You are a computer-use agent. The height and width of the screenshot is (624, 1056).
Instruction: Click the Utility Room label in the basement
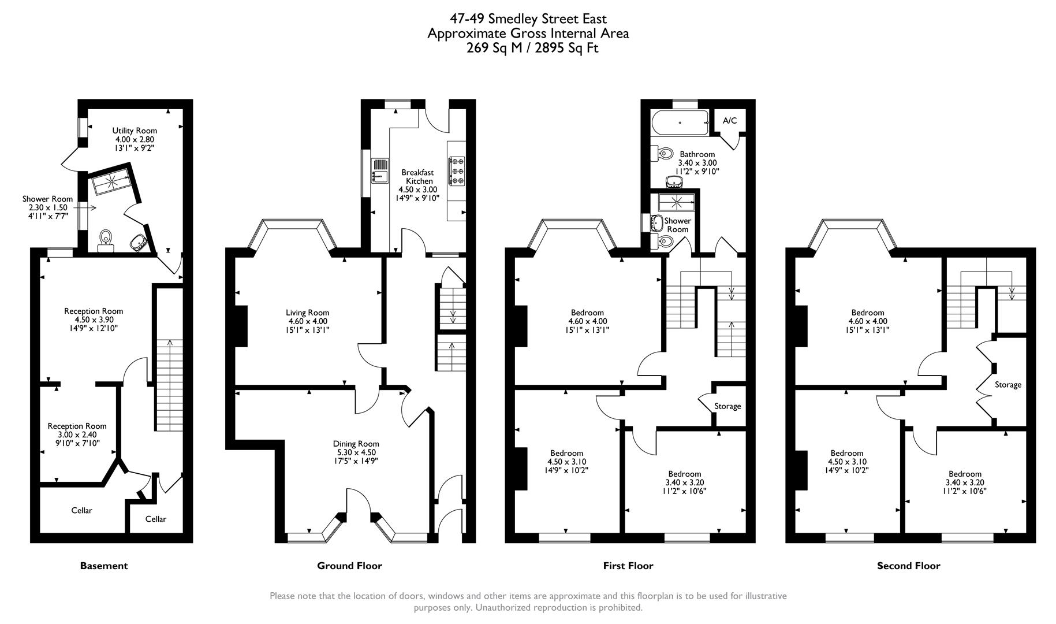(135, 131)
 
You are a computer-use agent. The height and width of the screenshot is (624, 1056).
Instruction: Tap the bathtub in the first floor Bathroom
(680, 123)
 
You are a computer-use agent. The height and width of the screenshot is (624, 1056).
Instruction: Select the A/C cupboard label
(730, 121)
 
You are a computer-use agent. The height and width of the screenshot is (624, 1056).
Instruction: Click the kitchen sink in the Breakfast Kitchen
(380, 170)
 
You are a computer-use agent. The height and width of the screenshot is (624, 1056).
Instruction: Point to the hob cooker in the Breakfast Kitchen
(457, 171)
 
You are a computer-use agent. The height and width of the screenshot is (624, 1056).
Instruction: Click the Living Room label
(307, 313)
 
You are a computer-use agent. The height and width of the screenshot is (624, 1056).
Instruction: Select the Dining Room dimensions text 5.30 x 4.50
(356, 452)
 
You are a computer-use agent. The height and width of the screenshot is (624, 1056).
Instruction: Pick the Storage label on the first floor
(727, 406)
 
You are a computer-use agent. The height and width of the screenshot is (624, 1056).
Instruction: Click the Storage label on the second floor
(1008, 385)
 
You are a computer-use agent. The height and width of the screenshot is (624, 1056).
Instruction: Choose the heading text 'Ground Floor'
(349, 566)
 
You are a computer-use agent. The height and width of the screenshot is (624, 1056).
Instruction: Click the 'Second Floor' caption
(908, 566)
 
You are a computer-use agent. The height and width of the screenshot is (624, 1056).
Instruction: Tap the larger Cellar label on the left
(81, 510)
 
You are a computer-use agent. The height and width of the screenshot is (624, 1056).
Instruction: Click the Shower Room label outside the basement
(47, 199)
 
